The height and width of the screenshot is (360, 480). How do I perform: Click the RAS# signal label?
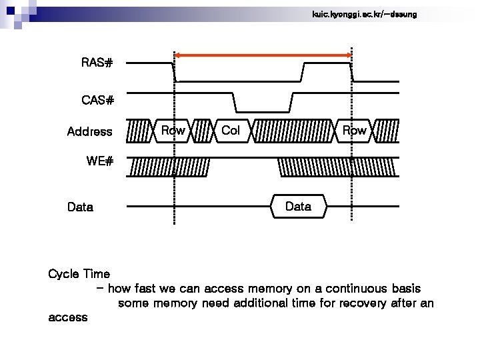click(x=97, y=63)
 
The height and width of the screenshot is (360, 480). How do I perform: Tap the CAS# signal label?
click(x=98, y=101)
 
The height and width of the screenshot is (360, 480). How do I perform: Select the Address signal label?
click(x=89, y=132)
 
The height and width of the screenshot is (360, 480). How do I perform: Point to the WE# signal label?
click(x=100, y=161)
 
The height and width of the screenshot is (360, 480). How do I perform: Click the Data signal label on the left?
click(x=80, y=207)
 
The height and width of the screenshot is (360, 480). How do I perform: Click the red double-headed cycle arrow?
click(x=263, y=55)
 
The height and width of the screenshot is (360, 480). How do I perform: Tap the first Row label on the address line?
click(x=173, y=131)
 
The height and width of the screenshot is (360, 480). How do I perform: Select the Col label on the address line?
click(x=230, y=131)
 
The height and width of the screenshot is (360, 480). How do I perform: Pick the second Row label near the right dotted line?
click(x=354, y=131)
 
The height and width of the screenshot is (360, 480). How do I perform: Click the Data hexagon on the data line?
click(x=298, y=207)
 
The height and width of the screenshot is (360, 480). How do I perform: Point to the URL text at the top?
click(x=364, y=14)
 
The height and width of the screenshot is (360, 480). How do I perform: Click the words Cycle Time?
click(x=79, y=274)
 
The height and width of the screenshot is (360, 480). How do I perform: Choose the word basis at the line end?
click(x=406, y=289)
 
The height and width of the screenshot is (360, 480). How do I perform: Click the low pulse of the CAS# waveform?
click(x=263, y=110)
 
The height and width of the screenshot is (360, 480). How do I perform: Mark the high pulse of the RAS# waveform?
click(x=327, y=63)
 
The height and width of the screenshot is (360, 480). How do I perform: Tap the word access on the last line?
click(x=68, y=317)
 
